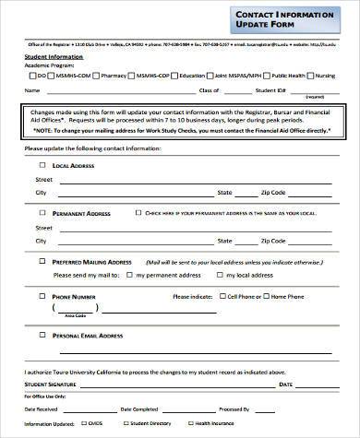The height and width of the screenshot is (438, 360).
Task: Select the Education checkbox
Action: (174, 76)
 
